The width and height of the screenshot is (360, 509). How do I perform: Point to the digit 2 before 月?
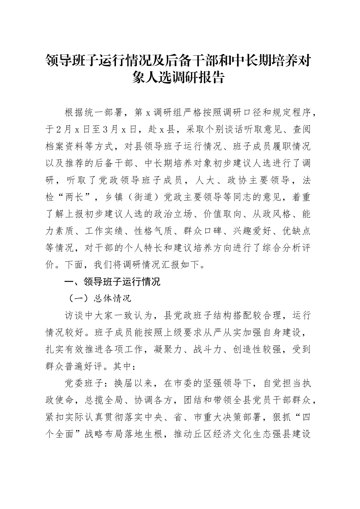point(57,130)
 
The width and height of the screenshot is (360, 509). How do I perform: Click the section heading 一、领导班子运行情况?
point(108,282)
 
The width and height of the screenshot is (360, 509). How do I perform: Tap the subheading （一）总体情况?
point(99,298)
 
